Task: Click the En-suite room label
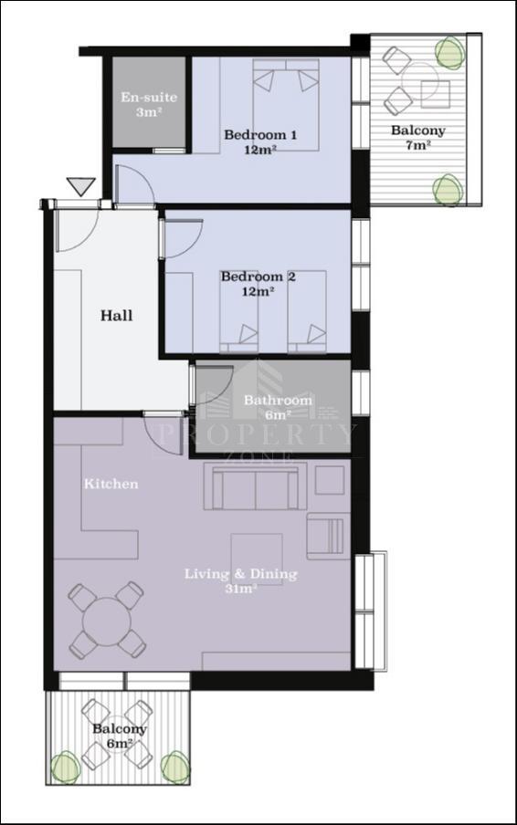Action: pos(149,104)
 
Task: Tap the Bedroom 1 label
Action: pos(260,141)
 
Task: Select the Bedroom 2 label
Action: pos(258,284)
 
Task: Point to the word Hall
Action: pos(116,316)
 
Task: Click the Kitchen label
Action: pos(111,484)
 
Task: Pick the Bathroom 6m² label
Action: pos(278,407)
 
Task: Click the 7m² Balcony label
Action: pos(418,137)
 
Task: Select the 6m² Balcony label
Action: pos(120,736)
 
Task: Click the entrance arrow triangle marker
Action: pos(81,186)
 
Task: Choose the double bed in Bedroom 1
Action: pos(286,105)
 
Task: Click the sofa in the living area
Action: pos(256,486)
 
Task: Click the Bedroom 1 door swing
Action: pos(133,184)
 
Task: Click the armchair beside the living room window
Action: pos(325,536)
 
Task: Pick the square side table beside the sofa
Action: pos(330,479)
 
